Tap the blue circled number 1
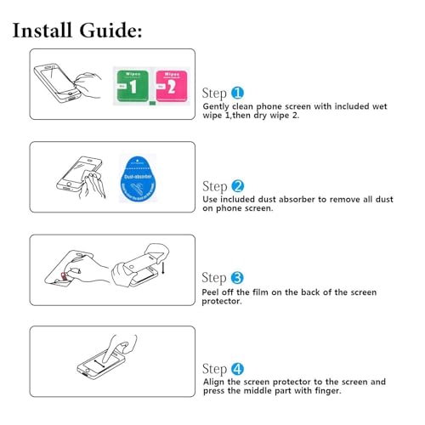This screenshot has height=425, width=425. coord(238,93)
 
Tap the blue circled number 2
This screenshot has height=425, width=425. coord(238,186)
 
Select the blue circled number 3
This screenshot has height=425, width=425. coord(238,277)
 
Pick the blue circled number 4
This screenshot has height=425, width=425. coord(238,369)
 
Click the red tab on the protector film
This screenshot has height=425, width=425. coord(60,277)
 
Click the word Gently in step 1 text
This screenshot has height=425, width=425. coord(217,105)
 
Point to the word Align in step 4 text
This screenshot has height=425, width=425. coord(214,382)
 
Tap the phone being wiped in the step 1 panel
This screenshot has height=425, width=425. coord(59,80)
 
